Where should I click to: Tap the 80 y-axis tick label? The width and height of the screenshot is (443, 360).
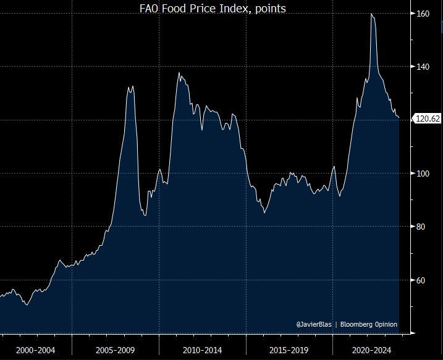click(423, 227)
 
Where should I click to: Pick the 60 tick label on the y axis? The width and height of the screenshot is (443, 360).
click(423, 280)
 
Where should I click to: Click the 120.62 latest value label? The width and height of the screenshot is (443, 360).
click(427, 119)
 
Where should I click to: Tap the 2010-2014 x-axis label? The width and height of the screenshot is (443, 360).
click(203, 350)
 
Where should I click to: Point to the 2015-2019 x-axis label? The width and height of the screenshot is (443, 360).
click(290, 350)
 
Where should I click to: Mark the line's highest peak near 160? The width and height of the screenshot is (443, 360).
click(371, 13)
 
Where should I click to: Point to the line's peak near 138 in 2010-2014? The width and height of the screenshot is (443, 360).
click(179, 73)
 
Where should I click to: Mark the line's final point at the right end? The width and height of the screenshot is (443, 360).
click(399, 118)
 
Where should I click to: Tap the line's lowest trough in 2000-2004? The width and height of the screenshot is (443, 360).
click(26, 304)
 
